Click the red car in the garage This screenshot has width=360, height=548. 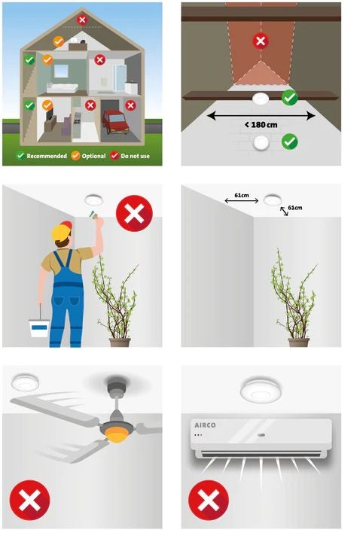(116, 122)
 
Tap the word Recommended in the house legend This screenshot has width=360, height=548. (47, 156)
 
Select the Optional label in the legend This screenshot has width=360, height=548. (93, 156)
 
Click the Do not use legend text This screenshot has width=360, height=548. (136, 156)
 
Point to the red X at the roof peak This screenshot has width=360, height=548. (82, 20)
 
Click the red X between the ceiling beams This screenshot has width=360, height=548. (261, 41)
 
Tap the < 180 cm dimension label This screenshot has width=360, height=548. (261, 125)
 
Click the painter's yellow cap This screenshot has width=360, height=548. (62, 232)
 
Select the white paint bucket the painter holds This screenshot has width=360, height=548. (39, 328)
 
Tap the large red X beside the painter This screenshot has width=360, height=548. (134, 213)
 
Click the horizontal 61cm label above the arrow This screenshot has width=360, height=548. (242, 195)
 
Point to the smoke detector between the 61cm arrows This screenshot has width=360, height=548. (273, 200)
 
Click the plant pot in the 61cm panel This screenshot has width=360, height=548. (298, 342)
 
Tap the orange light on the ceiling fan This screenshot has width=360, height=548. (116, 436)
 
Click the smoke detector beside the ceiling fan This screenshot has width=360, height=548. (25, 382)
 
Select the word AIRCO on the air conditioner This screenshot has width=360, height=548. (205, 425)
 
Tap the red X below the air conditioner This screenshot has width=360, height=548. (209, 500)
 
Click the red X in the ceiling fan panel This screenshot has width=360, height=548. (29, 500)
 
